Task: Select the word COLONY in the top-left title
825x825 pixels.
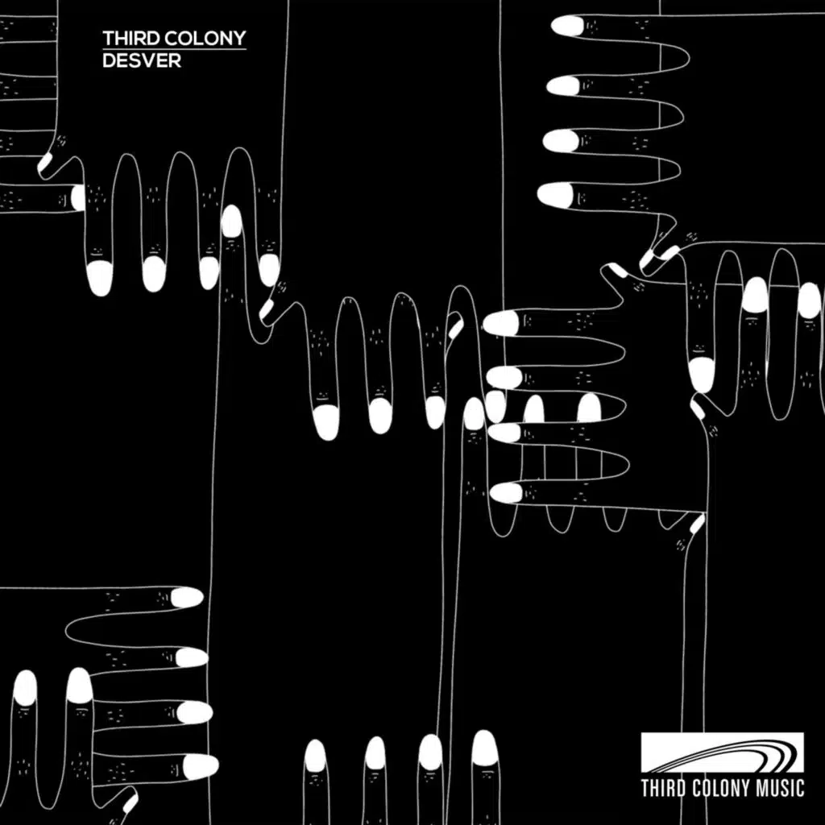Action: [206, 38]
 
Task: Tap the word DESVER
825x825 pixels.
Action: [142, 61]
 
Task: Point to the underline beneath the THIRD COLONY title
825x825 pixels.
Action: [174, 49]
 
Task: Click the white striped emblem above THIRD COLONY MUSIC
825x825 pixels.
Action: [722, 753]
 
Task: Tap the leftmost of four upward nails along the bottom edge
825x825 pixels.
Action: [315, 755]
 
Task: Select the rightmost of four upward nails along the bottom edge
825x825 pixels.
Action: [483, 748]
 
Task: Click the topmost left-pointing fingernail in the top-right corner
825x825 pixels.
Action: [567, 26]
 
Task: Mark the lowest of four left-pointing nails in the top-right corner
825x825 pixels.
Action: [555, 194]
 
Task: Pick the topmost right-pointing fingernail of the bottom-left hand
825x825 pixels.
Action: [187, 597]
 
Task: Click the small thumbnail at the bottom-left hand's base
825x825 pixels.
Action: [129, 802]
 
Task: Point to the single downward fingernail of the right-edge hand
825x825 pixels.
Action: [702, 375]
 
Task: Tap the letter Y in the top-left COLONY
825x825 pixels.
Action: [239, 38]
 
